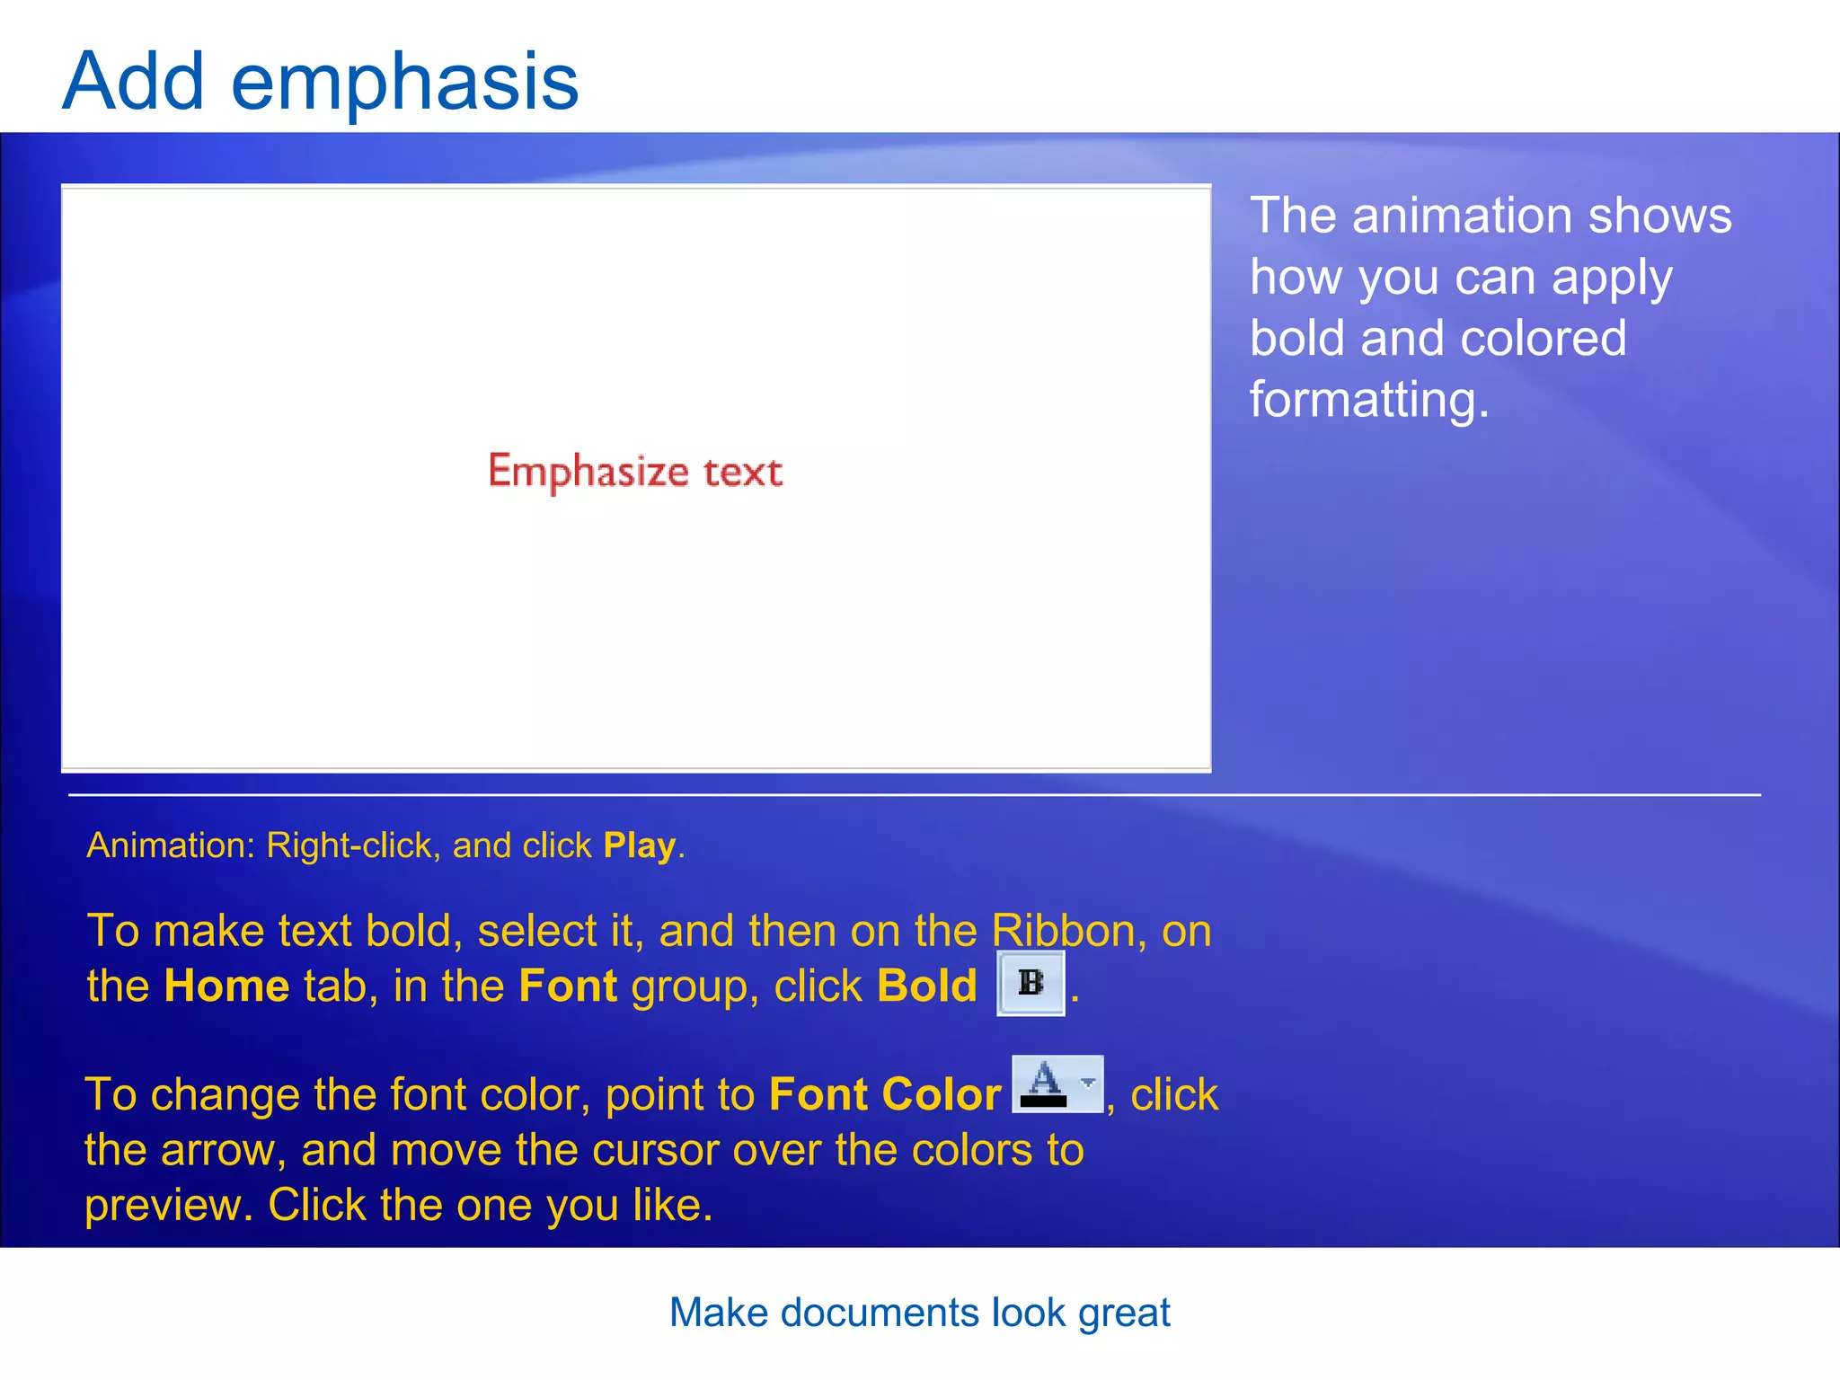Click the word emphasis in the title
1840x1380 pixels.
point(404,83)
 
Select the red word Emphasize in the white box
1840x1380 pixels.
point(588,472)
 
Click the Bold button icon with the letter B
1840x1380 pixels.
point(1031,983)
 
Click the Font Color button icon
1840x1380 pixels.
point(1045,1084)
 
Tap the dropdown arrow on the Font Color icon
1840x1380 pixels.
point(1088,1083)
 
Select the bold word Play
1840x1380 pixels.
point(639,846)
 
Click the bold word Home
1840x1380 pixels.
point(226,986)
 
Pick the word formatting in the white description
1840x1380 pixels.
point(1368,400)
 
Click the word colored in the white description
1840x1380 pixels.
point(1543,339)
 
